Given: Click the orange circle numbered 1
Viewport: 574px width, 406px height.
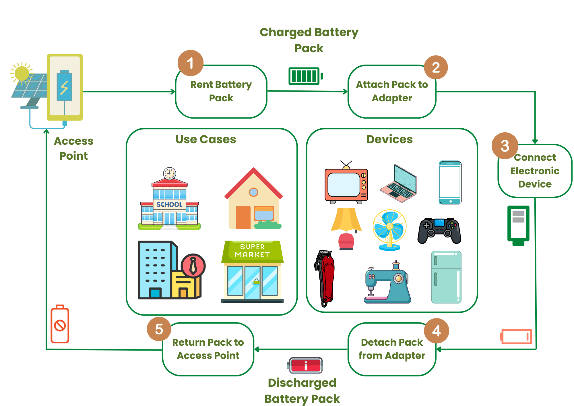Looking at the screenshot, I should click(x=190, y=63).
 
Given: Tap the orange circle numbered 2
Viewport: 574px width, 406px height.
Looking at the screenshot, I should click(x=436, y=67).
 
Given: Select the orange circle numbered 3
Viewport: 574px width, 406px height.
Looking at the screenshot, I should click(x=505, y=146).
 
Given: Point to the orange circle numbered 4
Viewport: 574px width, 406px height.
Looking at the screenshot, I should click(x=436, y=331).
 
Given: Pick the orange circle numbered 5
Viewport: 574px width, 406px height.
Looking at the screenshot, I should click(x=159, y=329).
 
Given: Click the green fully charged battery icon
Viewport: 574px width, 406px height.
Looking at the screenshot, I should click(x=305, y=76).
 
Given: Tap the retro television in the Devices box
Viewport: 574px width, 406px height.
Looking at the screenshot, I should click(x=346, y=184).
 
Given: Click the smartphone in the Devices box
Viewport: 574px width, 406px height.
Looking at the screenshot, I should click(x=450, y=183).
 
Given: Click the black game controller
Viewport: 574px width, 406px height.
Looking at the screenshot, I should click(x=439, y=231).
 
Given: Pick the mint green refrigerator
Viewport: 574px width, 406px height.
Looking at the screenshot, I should click(x=446, y=277).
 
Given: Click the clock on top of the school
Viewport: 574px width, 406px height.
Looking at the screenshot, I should click(x=169, y=173).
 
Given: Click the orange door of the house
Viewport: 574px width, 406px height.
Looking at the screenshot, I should click(x=243, y=217).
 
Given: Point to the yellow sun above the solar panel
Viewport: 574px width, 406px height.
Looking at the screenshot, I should click(x=22, y=73).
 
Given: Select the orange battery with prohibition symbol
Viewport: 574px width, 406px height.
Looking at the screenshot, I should click(x=60, y=324).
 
